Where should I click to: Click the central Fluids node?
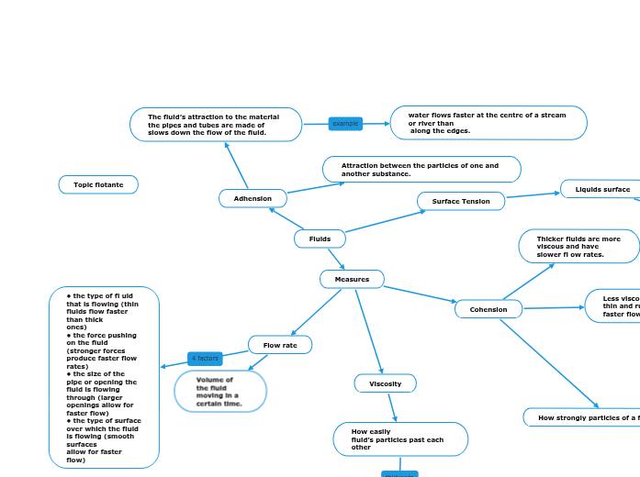click(x=320, y=238)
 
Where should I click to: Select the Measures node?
click(x=352, y=279)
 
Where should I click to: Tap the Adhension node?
click(x=253, y=198)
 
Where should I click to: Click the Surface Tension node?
click(x=461, y=201)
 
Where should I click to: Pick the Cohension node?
click(x=488, y=309)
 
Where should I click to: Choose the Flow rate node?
click(x=280, y=345)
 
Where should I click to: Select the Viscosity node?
click(x=385, y=383)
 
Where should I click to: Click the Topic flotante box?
click(x=98, y=185)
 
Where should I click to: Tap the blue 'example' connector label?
click(x=345, y=124)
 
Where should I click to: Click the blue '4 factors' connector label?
click(x=205, y=358)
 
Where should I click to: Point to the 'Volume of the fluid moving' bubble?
click(x=220, y=392)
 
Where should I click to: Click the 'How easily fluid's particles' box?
click(x=400, y=439)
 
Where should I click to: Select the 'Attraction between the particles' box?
click(x=421, y=170)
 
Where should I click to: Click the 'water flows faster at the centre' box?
click(x=488, y=123)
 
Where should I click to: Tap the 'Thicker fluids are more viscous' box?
click(x=578, y=247)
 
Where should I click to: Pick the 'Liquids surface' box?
click(x=601, y=189)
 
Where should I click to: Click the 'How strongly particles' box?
click(x=583, y=417)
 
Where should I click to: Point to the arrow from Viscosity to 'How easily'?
click(x=392, y=407)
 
